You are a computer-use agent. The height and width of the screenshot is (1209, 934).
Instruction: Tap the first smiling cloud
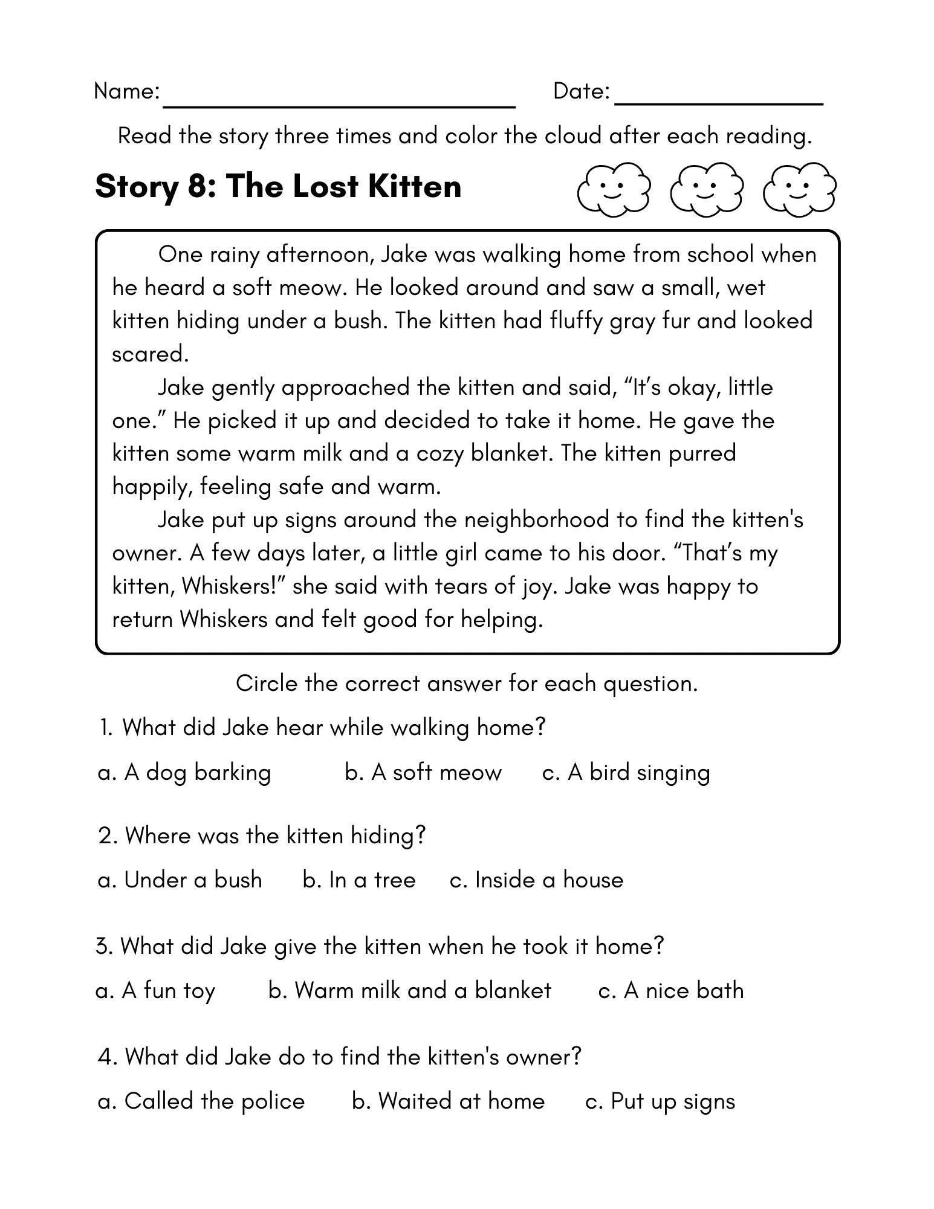[613, 189]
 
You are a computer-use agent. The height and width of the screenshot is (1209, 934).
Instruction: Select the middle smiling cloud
[706, 189]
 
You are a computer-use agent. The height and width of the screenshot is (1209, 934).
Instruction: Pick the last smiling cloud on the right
[799, 189]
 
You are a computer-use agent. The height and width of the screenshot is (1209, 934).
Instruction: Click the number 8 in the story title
[198, 186]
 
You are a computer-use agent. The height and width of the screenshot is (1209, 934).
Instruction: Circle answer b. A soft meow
[423, 773]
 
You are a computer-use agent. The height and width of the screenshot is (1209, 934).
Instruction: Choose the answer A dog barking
[184, 773]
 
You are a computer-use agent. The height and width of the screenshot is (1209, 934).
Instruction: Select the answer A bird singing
[626, 773]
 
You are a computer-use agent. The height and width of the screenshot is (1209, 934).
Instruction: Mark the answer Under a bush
[180, 880]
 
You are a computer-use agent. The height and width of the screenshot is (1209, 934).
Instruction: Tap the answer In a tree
[359, 880]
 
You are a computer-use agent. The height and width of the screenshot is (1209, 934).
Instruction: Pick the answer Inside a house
[536, 880]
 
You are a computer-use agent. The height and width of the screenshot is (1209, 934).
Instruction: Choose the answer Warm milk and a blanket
[409, 991]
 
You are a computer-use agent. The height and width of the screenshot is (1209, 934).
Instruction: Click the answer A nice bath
[670, 991]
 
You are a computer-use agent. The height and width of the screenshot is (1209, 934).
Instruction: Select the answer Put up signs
[660, 1101]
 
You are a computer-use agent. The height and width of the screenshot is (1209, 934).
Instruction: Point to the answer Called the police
[201, 1101]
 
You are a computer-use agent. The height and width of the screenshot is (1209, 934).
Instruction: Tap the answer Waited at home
[448, 1101]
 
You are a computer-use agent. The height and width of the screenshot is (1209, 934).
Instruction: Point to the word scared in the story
[151, 354]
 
